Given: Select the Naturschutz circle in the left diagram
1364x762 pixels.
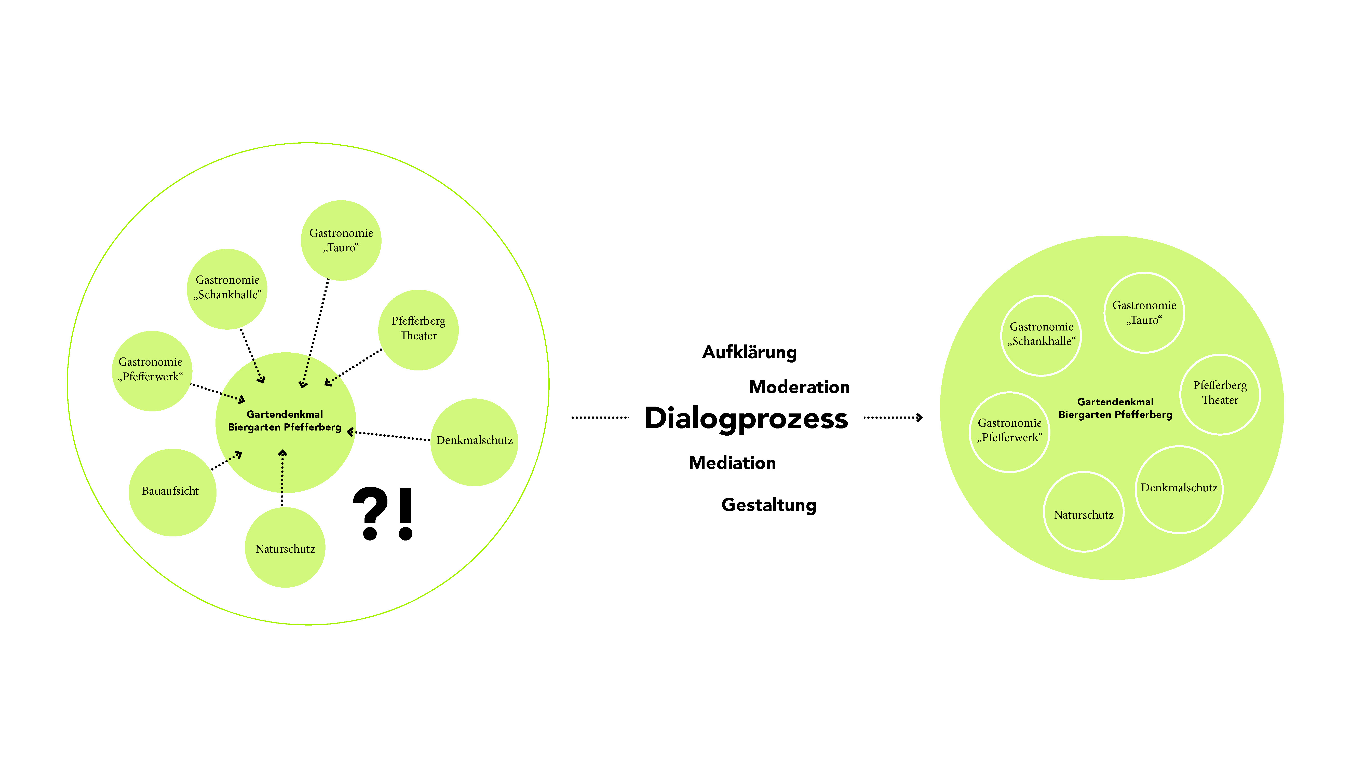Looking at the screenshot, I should [x=285, y=548].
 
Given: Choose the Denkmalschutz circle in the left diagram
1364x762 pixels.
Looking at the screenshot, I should [x=474, y=442].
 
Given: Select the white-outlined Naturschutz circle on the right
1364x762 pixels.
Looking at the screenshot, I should [x=1083, y=512].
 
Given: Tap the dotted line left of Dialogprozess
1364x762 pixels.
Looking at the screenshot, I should [x=599, y=418].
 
